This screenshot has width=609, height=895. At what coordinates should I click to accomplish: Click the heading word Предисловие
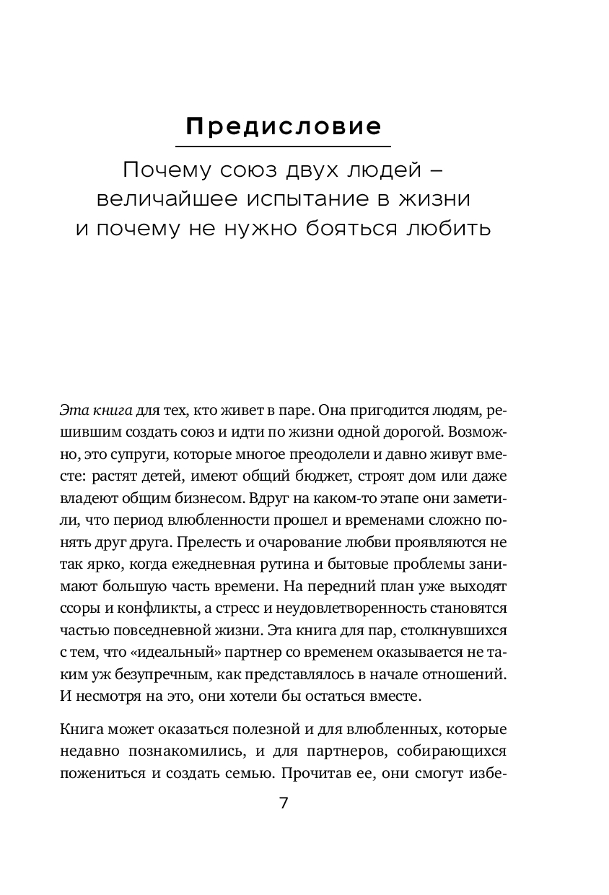[284, 127]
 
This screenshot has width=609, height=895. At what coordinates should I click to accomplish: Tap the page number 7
[284, 803]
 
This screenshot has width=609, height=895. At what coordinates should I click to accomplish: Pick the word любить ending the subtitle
[447, 228]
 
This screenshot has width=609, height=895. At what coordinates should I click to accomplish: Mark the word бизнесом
[206, 499]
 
